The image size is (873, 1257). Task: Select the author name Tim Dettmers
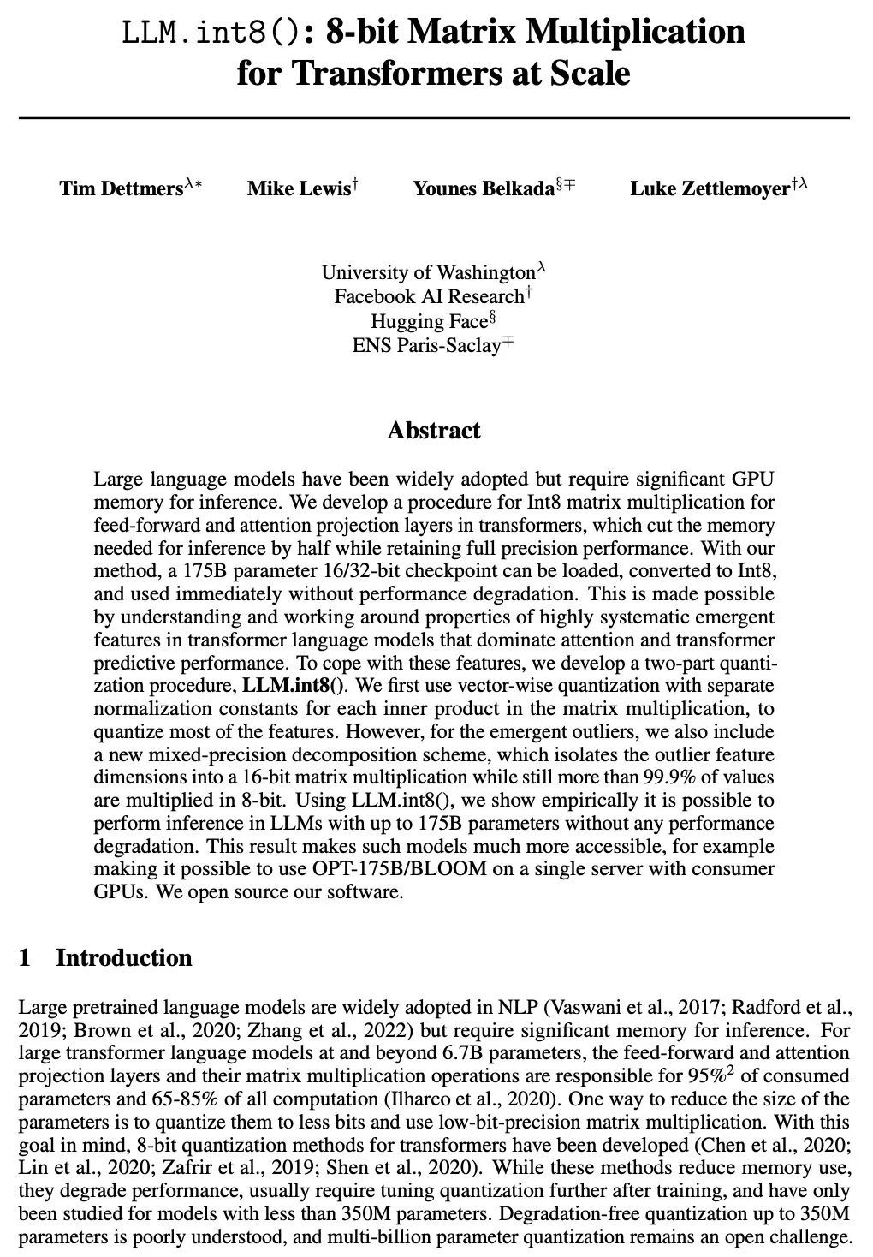(121, 188)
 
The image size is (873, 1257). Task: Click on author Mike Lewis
(298, 188)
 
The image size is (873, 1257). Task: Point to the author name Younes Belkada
(484, 188)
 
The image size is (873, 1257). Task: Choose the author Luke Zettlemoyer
(710, 188)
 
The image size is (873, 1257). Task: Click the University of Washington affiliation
(428, 272)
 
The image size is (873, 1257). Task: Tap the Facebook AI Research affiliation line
(429, 296)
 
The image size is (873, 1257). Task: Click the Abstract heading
(434, 430)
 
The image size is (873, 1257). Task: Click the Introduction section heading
(124, 957)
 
